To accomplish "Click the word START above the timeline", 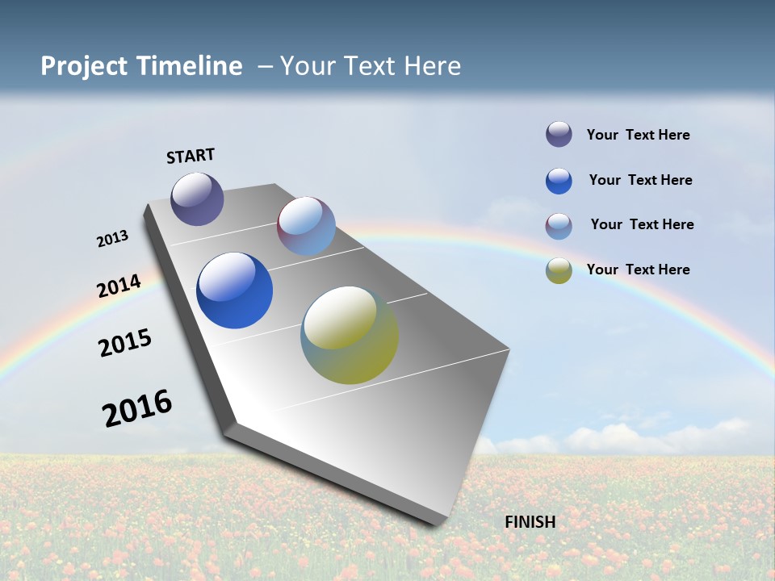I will (191, 156).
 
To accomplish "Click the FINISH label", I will (530, 522).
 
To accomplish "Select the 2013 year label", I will (112, 239).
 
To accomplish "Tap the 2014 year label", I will (119, 286).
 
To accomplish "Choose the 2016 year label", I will (137, 408).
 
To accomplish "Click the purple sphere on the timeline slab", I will (197, 199).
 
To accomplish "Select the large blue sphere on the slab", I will (234, 290).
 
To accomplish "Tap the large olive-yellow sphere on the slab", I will (350, 335).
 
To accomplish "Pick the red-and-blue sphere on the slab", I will (306, 226).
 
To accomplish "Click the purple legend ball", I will (559, 135).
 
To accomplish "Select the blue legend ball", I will (559, 181).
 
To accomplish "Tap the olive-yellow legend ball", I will (559, 270).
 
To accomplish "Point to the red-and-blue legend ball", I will (559, 226).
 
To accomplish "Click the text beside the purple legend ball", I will (638, 136).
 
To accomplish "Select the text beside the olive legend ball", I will (638, 270).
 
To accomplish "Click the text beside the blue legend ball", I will (640, 180).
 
